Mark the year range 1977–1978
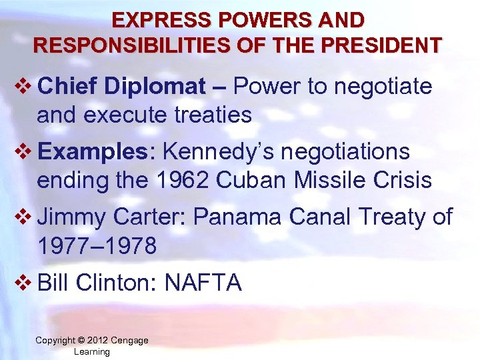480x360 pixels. click(x=97, y=246)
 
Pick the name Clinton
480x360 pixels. click(x=116, y=283)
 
